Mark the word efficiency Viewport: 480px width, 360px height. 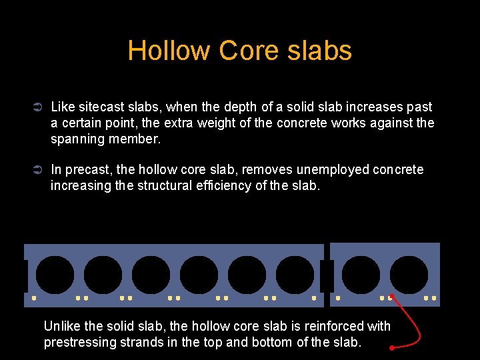point(219,185)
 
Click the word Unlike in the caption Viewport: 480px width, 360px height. point(61,326)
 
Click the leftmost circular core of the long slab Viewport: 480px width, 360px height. point(55,275)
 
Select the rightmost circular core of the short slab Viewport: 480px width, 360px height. point(409,275)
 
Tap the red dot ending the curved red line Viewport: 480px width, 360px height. point(392,347)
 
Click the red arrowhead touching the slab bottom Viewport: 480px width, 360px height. point(392,297)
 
